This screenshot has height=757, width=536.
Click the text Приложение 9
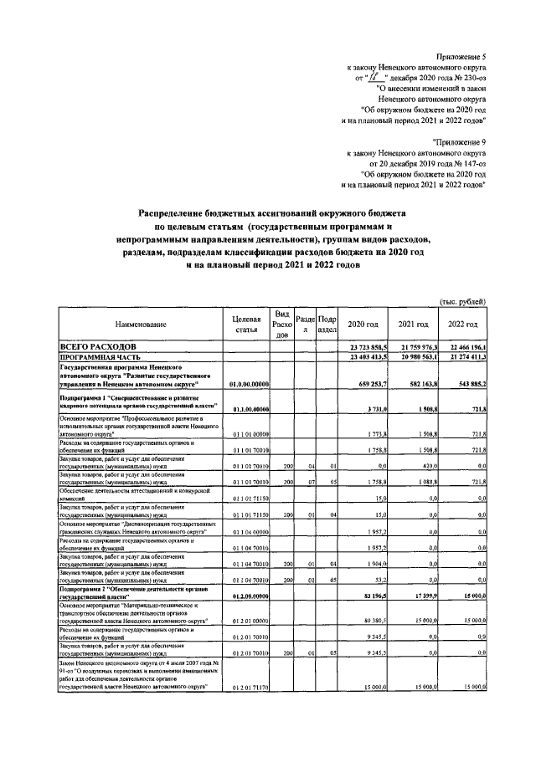(x=460, y=144)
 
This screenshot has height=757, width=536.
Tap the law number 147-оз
(x=468, y=164)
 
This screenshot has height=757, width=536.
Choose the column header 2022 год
(x=462, y=324)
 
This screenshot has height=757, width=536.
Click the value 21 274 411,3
(x=462, y=357)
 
